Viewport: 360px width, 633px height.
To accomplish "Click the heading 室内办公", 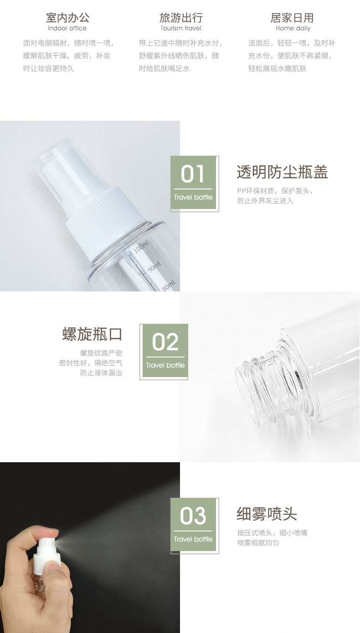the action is [x=67, y=17].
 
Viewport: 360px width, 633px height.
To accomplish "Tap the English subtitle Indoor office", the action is [x=67, y=28].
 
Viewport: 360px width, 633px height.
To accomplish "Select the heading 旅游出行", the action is [x=181, y=17].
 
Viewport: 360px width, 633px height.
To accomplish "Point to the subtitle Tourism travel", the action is [x=181, y=28].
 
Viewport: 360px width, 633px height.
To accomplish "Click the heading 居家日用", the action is [x=292, y=17].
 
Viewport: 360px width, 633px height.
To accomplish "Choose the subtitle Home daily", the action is [x=293, y=28].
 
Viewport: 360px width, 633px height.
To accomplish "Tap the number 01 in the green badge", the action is [x=193, y=174].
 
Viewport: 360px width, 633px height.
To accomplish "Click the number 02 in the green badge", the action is [x=165, y=342].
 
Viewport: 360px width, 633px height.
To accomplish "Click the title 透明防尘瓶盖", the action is [x=282, y=172].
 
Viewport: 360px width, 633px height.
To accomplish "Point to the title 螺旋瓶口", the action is [x=92, y=334].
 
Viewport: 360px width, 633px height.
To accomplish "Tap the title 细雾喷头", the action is [x=267, y=514].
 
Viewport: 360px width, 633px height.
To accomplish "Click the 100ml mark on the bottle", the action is [x=141, y=247].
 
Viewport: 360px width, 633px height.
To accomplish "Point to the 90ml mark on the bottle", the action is [x=154, y=267].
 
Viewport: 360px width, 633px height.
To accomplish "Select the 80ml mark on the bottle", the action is [x=169, y=286].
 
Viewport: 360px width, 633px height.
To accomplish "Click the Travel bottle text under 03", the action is [x=193, y=539].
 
